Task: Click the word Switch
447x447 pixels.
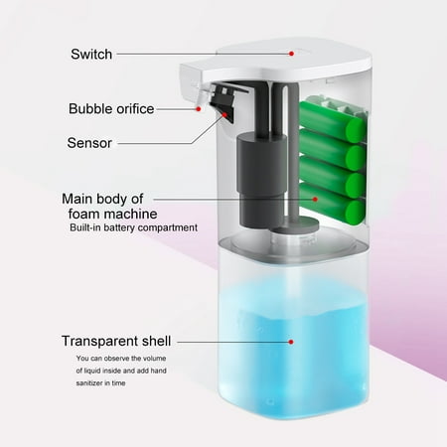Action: coord(91,55)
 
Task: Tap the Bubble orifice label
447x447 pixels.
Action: coord(111,109)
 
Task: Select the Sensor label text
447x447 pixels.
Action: coord(89,143)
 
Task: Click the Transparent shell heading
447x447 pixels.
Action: coord(116,341)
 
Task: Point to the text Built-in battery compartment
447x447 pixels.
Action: coord(133,227)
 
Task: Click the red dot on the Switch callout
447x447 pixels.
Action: coord(291,54)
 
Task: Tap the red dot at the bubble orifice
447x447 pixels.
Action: coord(199,108)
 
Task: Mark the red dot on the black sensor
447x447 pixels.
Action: coord(224,114)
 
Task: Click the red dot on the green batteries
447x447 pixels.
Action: coord(315,199)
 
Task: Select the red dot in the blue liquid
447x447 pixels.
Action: coord(291,342)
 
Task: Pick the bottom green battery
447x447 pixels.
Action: coord(332,204)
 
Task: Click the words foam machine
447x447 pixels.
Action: coord(112,214)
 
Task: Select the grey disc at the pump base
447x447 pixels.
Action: coord(297,225)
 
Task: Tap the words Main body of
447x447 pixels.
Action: coord(102,199)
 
